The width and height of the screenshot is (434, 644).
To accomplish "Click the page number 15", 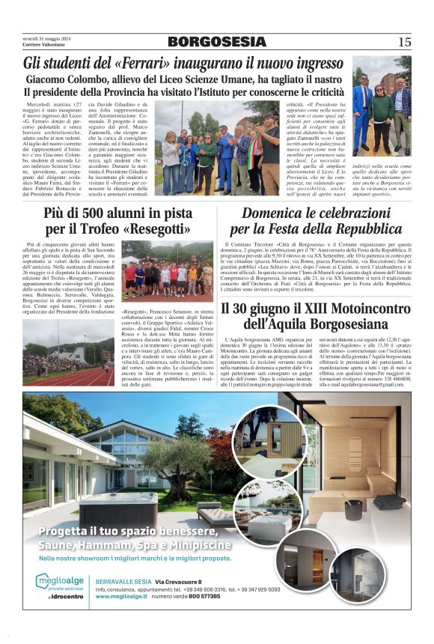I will click(404, 42).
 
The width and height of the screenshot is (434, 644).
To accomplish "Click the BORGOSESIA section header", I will click(216, 42).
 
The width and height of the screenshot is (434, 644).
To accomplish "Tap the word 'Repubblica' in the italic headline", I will click(364, 229).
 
